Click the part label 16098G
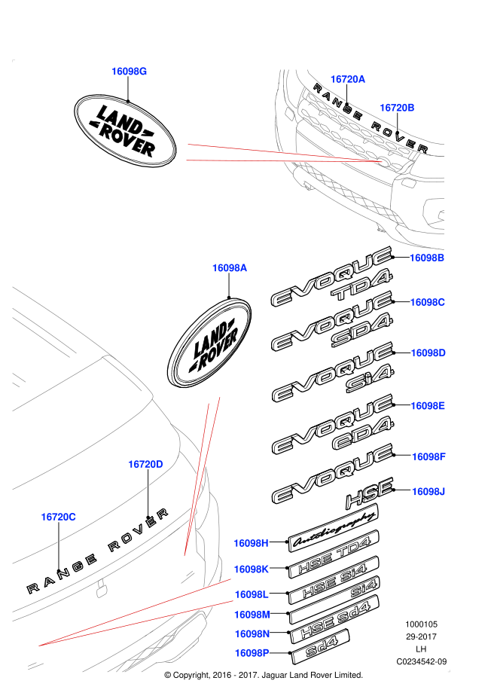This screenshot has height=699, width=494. [x=129, y=72]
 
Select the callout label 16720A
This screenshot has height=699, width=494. [x=348, y=79]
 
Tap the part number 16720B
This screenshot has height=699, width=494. [x=397, y=108]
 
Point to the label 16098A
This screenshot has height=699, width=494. [x=230, y=268]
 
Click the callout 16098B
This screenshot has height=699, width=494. [x=427, y=258]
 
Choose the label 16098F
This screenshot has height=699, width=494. [x=428, y=456]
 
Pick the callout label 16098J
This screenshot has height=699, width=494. [x=428, y=491]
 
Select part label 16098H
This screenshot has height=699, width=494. [x=251, y=543]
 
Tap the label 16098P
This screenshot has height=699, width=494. [x=252, y=653]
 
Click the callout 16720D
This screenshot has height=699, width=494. [x=145, y=464]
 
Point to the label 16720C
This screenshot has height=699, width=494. [x=59, y=517]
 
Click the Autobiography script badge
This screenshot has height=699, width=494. [x=333, y=528]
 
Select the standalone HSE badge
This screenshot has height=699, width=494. [x=370, y=493]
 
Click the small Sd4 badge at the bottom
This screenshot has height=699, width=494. [x=321, y=648]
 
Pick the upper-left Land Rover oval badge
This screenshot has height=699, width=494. [x=125, y=131]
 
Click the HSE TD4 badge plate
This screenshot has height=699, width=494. [x=334, y=554]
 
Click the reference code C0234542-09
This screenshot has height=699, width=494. [x=421, y=661]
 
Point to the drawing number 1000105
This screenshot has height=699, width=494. [x=421, y=624]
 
